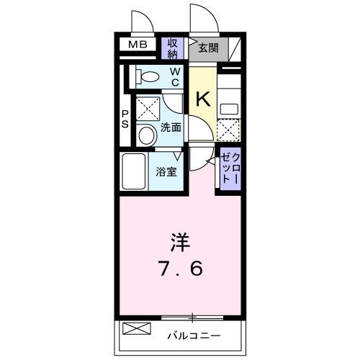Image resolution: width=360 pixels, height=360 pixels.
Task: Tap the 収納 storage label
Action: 173,48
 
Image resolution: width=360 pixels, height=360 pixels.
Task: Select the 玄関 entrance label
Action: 209,48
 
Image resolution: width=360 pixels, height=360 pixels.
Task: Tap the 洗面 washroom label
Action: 171,127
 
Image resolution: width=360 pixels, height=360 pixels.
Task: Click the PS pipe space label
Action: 125,120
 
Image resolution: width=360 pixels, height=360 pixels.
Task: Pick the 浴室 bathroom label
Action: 166,171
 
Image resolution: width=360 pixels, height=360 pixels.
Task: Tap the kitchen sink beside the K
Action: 229,109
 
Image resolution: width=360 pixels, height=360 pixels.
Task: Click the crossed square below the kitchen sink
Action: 228,130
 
